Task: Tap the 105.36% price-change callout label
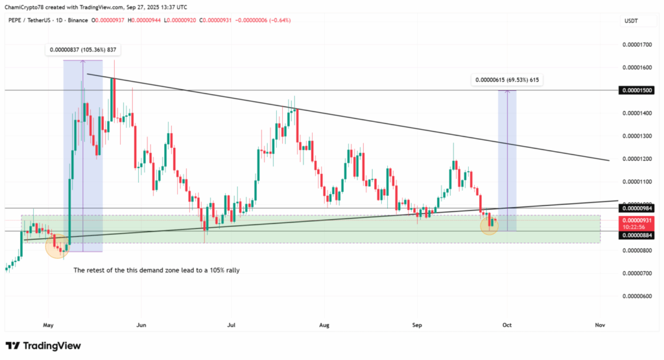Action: (83, 50)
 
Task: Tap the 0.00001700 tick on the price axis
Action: (637, 45)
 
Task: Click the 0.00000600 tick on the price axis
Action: (637, 296)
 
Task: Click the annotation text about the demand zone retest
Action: (156, 270)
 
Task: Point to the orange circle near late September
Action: (490, 225)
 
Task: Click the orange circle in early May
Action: (57, 246)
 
